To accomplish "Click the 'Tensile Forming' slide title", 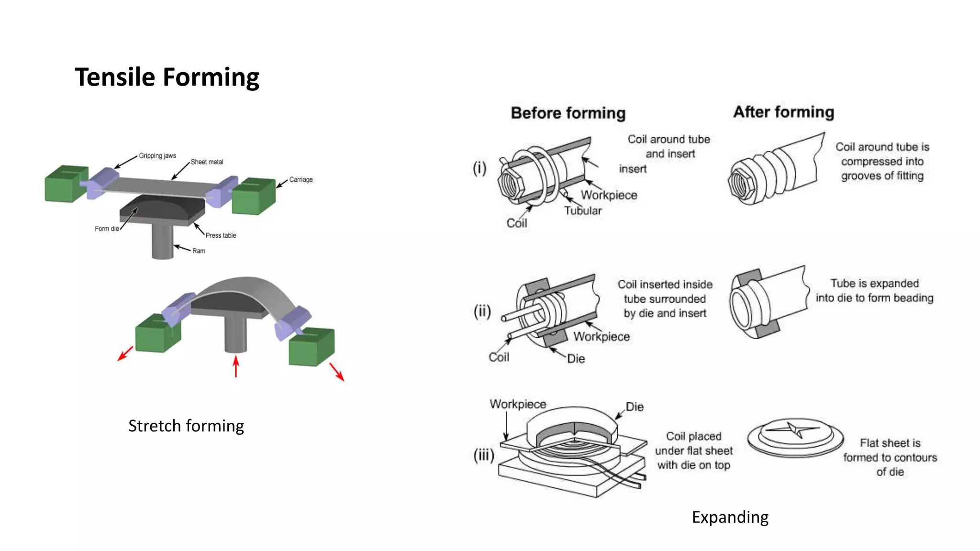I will (x=167, y=77).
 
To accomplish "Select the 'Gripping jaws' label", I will (x=157, y=156).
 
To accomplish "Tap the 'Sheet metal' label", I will (x=207, y=162).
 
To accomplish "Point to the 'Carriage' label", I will (x=301, y=180).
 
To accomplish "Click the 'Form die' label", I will (x=106, y=229).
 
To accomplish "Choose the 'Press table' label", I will (x=221, y=235).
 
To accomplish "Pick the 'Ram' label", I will (x=199, y=251).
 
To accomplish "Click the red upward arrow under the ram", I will (x=235, y=366).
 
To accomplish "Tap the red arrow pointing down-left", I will (x=125, y=354).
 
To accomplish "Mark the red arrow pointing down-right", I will (x=337, y=372).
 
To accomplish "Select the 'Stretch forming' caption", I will (x=186, y=426).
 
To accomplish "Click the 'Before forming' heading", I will (x=568, y=113).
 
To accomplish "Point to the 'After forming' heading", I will (x=783, y=112).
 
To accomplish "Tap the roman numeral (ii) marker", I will (x=482, y=311).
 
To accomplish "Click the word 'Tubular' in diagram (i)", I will (x=582, y=211).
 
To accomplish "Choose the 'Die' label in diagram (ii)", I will (x=576, y=359).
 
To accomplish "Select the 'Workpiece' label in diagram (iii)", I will (x=518, y=404).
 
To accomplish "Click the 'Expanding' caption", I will (x=730, y=517).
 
